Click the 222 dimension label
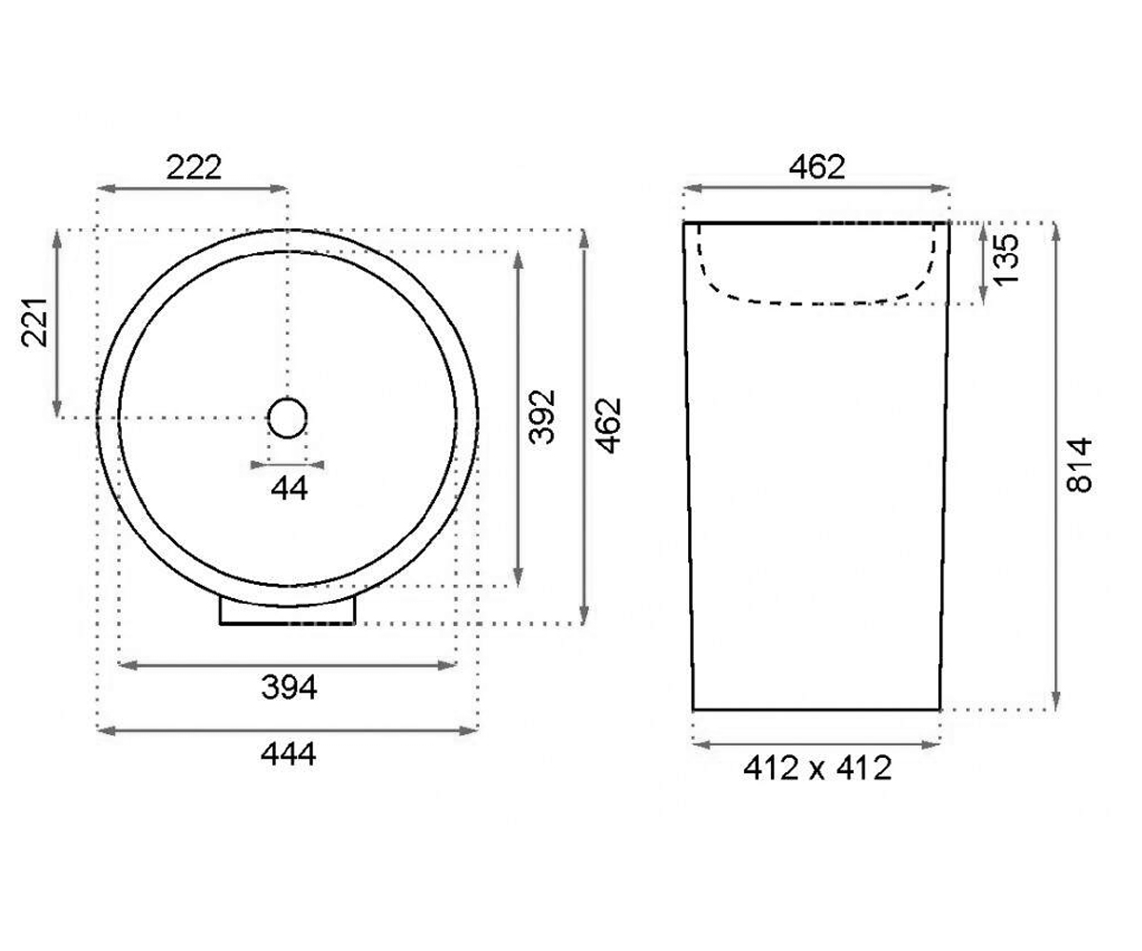point(193,167)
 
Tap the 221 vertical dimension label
point(35,322)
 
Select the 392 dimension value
point(542,417)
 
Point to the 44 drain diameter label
point(288,488)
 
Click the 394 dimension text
point(288,687)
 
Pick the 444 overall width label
point(288,754)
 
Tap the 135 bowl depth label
point(1006,259)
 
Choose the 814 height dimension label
point(1079,465)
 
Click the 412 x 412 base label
point(817,767)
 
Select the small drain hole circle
point(287,418)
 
